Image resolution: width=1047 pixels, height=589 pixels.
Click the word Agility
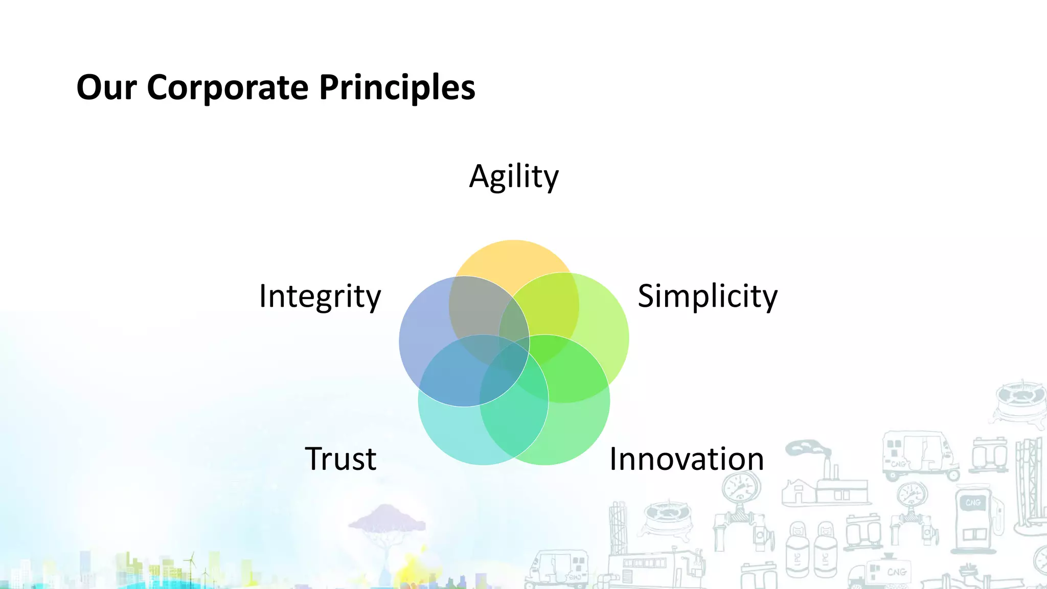514,177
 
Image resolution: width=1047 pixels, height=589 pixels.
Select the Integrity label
320,297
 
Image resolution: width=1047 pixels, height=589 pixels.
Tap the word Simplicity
708,297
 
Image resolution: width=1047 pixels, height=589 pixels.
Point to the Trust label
340,459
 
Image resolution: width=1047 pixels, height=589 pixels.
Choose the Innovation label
687,459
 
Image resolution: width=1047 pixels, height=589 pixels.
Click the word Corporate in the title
227,87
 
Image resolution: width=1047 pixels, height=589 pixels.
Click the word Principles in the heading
397,87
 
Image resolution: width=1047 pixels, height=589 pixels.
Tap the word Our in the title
106,87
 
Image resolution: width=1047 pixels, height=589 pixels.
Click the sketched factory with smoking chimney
823,481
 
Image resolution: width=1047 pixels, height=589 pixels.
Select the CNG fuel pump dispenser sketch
974,522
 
